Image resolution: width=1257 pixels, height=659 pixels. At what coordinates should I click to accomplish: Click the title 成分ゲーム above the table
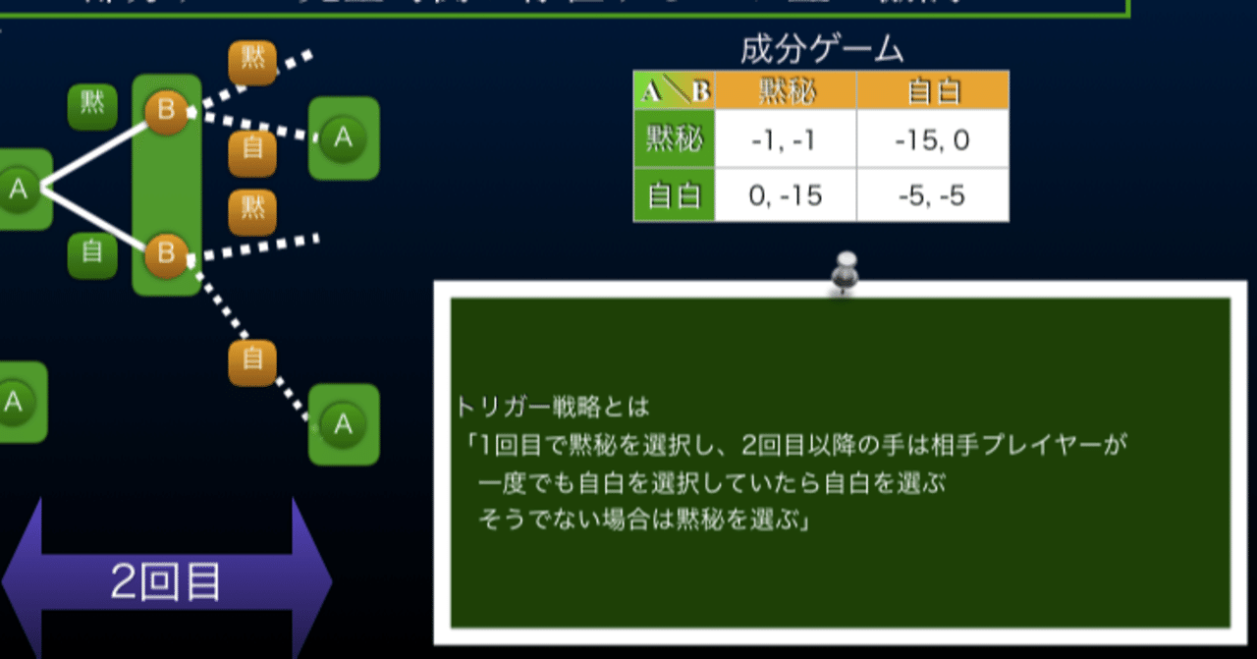coord(821,48)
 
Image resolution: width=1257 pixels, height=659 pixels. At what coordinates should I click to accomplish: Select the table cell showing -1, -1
coord(785,140)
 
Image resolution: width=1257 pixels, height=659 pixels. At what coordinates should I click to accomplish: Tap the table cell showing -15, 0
coord(932,140)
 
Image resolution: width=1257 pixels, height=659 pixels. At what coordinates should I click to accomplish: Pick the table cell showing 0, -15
coord(785,195)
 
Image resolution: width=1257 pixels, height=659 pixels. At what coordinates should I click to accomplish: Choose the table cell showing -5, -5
coord(932,195)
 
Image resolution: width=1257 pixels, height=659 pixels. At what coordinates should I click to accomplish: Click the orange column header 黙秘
coord(786,90)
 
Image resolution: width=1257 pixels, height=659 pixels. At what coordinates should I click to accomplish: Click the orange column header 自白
coord(932,90)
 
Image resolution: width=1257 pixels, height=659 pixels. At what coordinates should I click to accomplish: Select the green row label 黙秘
coord(674,140)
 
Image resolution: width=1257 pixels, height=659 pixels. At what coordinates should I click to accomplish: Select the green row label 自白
coord(674,195)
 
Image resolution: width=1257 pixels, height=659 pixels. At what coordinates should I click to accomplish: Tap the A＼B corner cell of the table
coord(675,91)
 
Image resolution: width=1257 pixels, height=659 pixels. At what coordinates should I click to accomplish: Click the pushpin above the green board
coord(844,272)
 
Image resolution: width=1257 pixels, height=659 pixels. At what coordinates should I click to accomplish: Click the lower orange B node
coord(165,254)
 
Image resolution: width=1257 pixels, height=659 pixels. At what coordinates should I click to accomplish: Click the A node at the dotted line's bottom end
coord(343,424)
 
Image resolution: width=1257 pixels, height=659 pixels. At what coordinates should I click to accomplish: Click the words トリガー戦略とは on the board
coord(553,405)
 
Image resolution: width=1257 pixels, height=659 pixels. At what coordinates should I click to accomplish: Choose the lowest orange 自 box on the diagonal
coord(252,360)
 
